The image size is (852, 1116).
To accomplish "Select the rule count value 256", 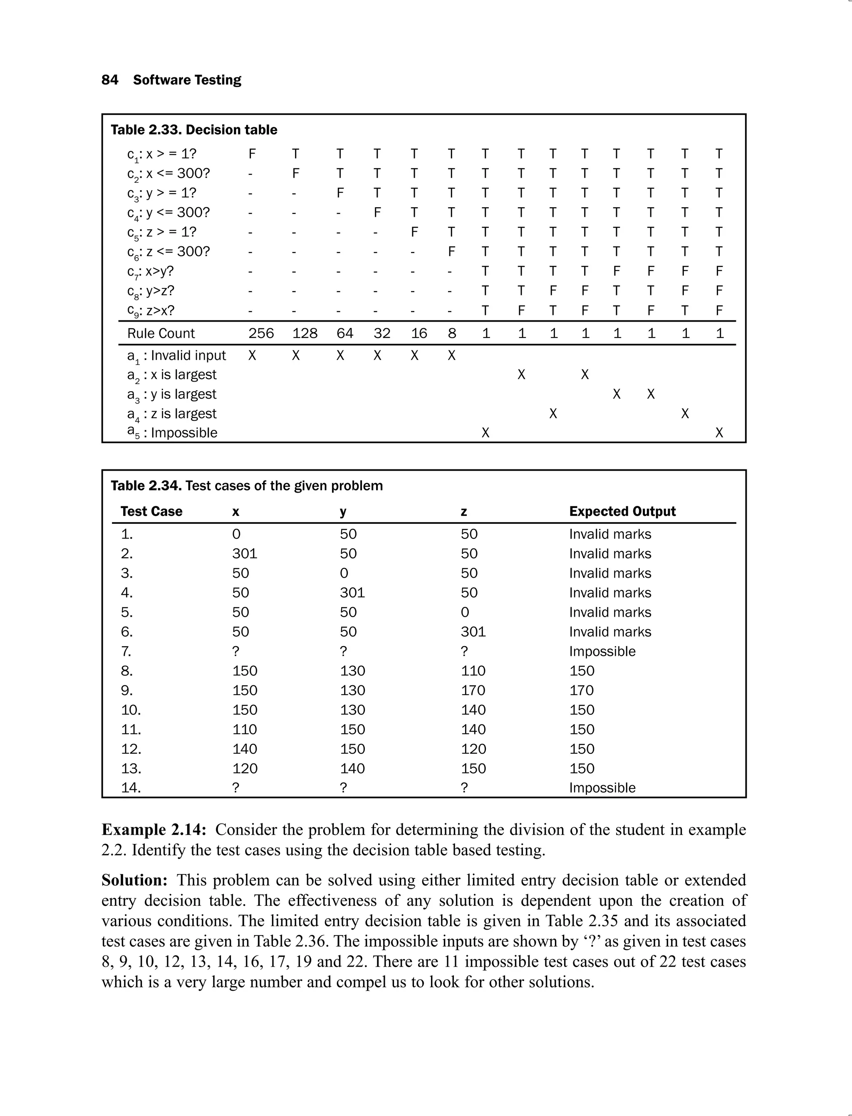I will click(261, 333).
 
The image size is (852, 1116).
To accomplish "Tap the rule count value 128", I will click(305, 333).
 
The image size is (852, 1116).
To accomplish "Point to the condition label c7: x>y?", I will click(150, 271).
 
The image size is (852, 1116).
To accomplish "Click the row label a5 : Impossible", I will click(172, 433).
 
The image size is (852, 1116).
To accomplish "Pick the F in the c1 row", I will click(252, 154).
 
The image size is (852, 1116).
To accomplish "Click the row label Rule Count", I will click(161, 333).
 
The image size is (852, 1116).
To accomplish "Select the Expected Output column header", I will click(622, 511).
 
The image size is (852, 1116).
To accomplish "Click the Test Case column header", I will click(151, 511).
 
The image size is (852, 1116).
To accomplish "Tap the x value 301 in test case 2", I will click(245, 553).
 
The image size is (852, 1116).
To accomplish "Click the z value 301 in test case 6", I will click(473, 632).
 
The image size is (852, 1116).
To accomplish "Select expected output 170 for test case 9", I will click(581, 690).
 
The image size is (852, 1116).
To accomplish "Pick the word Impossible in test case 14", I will click(602, 788).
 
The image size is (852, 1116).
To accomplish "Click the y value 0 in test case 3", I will click(344, 573).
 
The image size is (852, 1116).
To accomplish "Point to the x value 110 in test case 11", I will click(245, 729).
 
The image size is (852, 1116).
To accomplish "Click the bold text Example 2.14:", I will click(154, 830).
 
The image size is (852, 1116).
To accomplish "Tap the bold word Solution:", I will click(134, 880).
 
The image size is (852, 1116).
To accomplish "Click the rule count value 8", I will click(452, 333).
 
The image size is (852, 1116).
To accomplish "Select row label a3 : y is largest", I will click(171, 394).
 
